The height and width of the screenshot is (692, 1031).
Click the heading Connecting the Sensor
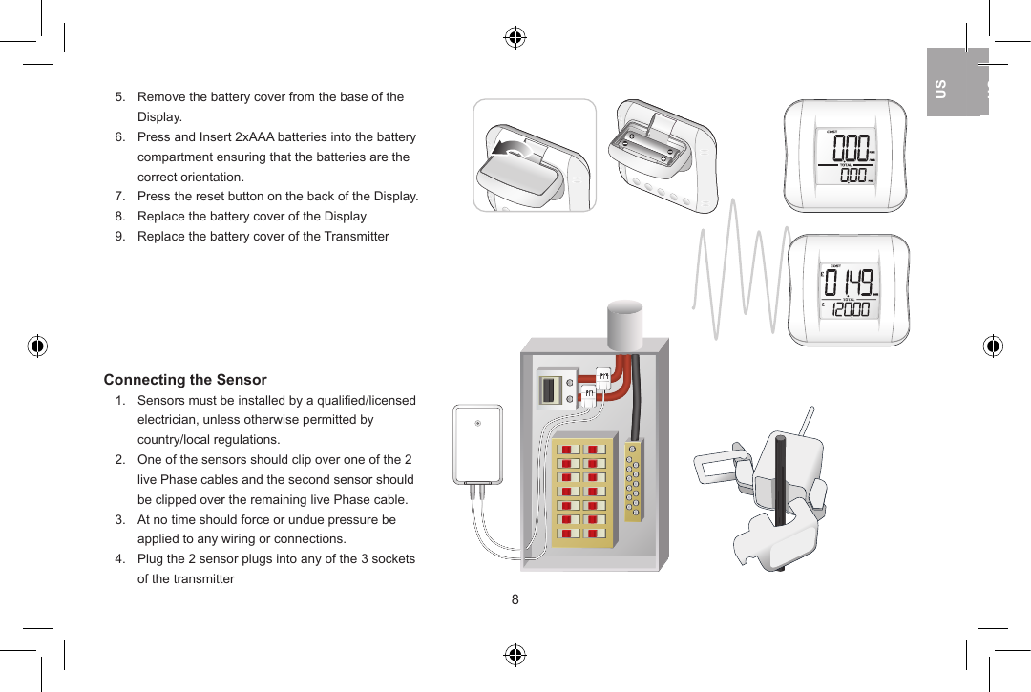point(185,380)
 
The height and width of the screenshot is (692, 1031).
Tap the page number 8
point(515,599)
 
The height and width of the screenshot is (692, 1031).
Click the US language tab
point(941,89)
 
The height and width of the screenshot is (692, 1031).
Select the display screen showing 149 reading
point(848,290)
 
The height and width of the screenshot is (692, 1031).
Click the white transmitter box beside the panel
point(477,444)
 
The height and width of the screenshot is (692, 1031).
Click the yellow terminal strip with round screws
point(633,482)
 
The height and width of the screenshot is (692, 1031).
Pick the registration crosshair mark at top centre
point(515,38)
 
